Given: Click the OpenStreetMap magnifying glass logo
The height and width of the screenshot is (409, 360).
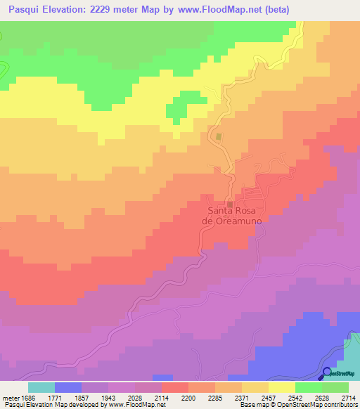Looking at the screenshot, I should click(x=328, y=372).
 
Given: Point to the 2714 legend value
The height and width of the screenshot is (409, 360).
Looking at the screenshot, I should click(x=349, y=398).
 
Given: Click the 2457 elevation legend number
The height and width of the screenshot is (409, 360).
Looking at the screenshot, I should click(x=269, y=398).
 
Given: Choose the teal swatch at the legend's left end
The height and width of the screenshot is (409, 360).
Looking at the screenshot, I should click(x=41, y=387).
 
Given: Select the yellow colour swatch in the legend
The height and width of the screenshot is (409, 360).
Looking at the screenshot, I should click(x=282, y=387).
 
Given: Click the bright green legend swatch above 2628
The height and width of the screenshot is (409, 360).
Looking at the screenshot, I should click(x=309, y=387).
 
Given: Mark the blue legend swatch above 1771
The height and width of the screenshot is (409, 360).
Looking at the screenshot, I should click(x=67, y=387).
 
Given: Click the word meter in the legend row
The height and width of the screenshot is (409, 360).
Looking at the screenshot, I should click(x=10, y=398).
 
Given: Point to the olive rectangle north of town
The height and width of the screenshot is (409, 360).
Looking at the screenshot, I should click(x=219, y=136).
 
